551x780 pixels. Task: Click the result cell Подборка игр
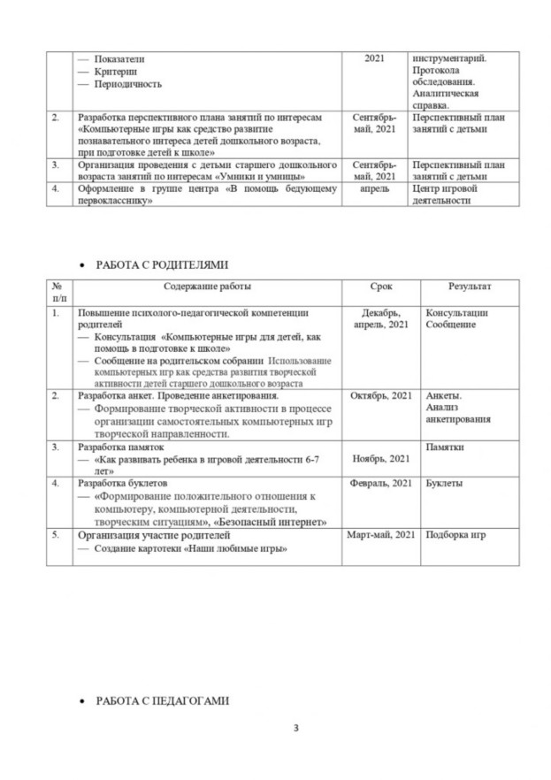point(456,535)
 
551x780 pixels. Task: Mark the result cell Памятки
point(446,447)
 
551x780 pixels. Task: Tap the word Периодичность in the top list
point(130,83)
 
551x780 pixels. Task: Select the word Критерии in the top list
point(121,71)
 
